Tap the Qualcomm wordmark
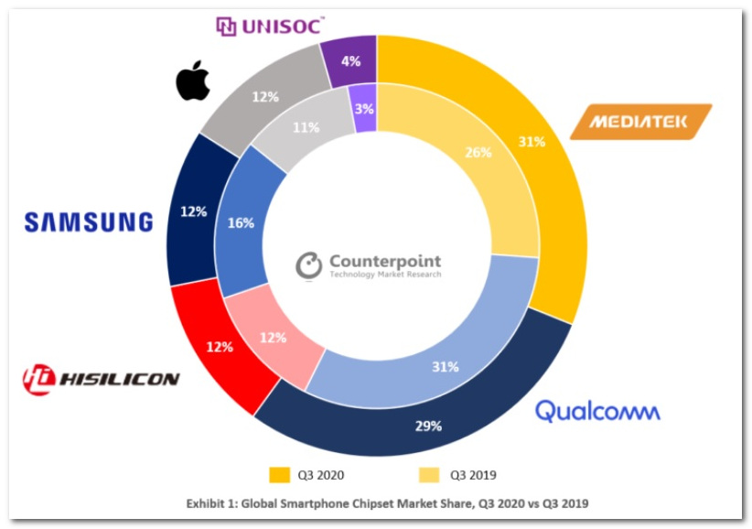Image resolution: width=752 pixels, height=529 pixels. click(x=596, y=411)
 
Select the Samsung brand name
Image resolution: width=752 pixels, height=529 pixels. click(x=88, y=222)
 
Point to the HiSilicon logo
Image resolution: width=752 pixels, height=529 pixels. click(x=102, y=376)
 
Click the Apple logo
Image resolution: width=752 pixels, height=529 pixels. click(x=193, y=82)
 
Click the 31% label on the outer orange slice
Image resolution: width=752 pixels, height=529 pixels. click(x=532, y=142)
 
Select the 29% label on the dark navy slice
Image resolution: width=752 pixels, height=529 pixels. click(x=428, y=426)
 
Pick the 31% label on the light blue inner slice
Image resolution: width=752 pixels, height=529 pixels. click(x=445, y=367)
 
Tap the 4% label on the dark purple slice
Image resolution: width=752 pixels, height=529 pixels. click(x=351, y=61)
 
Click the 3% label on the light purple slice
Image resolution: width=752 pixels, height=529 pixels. click(x=363, y=109)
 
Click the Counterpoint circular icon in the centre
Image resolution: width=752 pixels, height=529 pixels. click(x=309, y=264)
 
